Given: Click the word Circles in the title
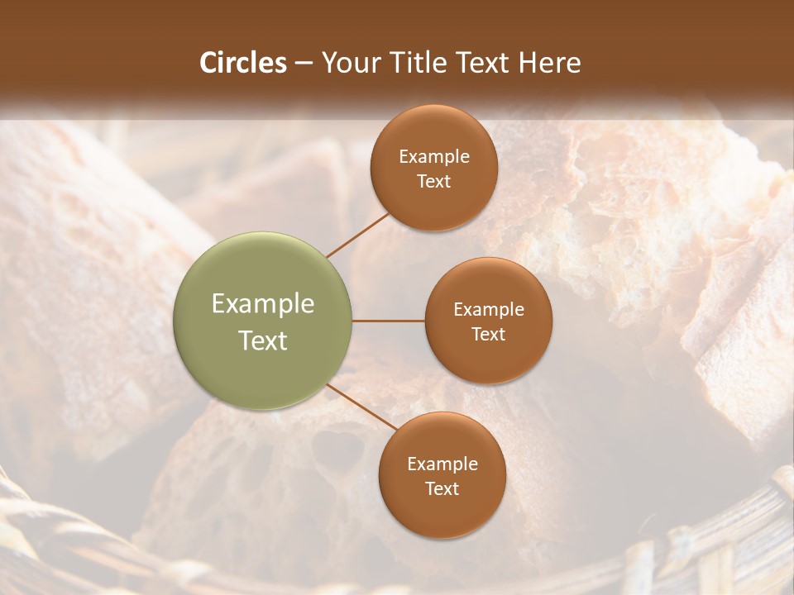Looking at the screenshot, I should coord(243,63).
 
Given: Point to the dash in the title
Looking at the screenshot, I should coord(304,64).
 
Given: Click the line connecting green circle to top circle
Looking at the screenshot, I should coord(357,235).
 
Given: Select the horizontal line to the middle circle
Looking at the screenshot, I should coord(388,321).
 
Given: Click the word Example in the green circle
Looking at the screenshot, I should coord(263,304).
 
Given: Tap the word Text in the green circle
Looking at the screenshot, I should coord(263,340).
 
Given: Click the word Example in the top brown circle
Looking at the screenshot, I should coord(434,157).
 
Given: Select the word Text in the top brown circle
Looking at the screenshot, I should coord(434,182).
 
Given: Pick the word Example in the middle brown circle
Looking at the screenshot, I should coord(489,310).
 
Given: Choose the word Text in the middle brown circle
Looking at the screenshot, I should coord(489,335).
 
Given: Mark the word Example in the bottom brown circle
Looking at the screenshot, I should coord(442,464).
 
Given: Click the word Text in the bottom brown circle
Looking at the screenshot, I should coord(442,489).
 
